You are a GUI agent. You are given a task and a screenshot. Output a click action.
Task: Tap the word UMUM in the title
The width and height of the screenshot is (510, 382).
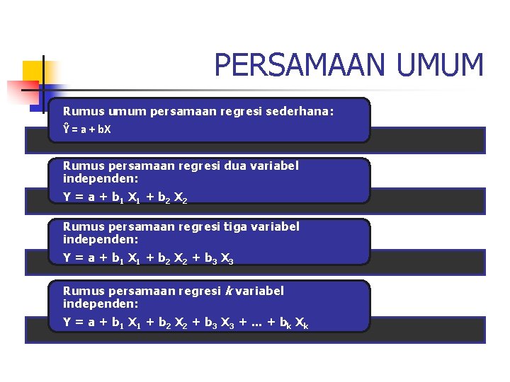pos(440,66)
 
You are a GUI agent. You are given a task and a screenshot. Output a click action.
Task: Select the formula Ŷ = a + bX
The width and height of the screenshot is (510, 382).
pos(87,131)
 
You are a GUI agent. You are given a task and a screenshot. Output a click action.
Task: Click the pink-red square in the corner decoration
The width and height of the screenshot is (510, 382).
pos(21,91)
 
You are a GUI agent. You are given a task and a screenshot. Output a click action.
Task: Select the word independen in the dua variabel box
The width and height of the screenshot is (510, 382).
pos(100,180)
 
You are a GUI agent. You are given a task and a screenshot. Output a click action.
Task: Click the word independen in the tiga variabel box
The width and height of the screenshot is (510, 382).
pos(100,241)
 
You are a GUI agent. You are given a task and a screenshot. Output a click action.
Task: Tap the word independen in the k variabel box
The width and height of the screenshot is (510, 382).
pos(100,304)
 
